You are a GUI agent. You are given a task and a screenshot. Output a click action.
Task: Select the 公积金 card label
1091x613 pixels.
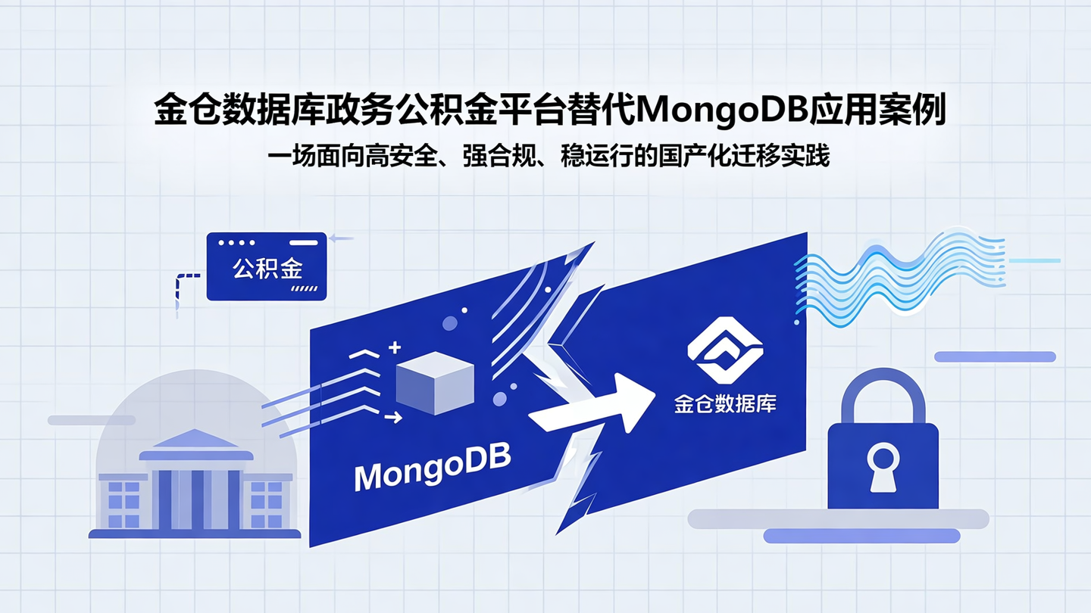267,269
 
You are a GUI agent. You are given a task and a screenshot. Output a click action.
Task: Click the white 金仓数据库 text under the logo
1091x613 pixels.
725,403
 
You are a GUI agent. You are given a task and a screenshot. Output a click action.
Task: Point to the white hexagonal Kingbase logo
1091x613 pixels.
725,350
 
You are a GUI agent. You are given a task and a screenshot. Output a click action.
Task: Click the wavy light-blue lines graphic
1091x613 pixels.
902,276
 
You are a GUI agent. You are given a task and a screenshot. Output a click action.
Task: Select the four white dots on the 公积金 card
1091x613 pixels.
236,243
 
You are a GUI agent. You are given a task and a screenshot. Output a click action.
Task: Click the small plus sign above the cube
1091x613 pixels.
394,348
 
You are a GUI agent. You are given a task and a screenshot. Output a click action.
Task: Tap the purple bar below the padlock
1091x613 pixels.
861,537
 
